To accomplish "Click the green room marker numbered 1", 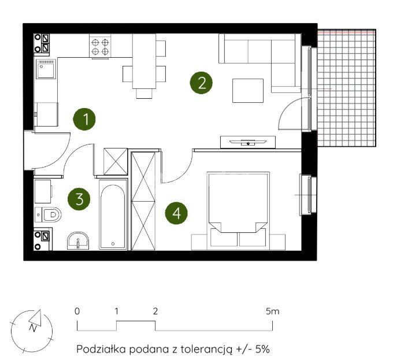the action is pyautogui.click(x=84, y=119).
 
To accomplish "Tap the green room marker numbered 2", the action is pyautogui.click(x=201, y=83).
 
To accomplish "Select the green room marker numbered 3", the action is pyautogui.click(x=79, y=199).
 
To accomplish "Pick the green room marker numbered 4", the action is pyautogui.click(x=176, y=213).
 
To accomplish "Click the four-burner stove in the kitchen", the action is pyautogui.click(x=100, y=46).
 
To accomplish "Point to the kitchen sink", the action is pyautogui.click(x=46, y=69).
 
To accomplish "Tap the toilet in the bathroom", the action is pyautogui.click(x=48, y=215).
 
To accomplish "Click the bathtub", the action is pyautogui.click(x=113, y=214).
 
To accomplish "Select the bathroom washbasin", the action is pyautogui.click(x=78, y=241).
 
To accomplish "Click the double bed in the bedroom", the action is pyautogui.click(x=238, y=211).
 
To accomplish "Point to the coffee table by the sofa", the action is pyautogui.click(x=248, y=91).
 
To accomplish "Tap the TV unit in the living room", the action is pyautogui.click(x=248, y=142).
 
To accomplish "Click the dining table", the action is pyautogui.click(x=144, y=61).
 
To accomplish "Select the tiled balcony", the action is pyautogui.click(x=347, y=88).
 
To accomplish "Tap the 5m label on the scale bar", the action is pyautogui.click(x=273, y=311).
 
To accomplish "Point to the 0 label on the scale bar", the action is pyautogui.click(x=77, y=311).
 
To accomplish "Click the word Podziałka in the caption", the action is pyautogui.click(x=101, y=349).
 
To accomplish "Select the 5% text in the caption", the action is pyautogui.click(x=262, y=349).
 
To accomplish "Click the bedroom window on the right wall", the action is pyautogui.click(x=309, y=195).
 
